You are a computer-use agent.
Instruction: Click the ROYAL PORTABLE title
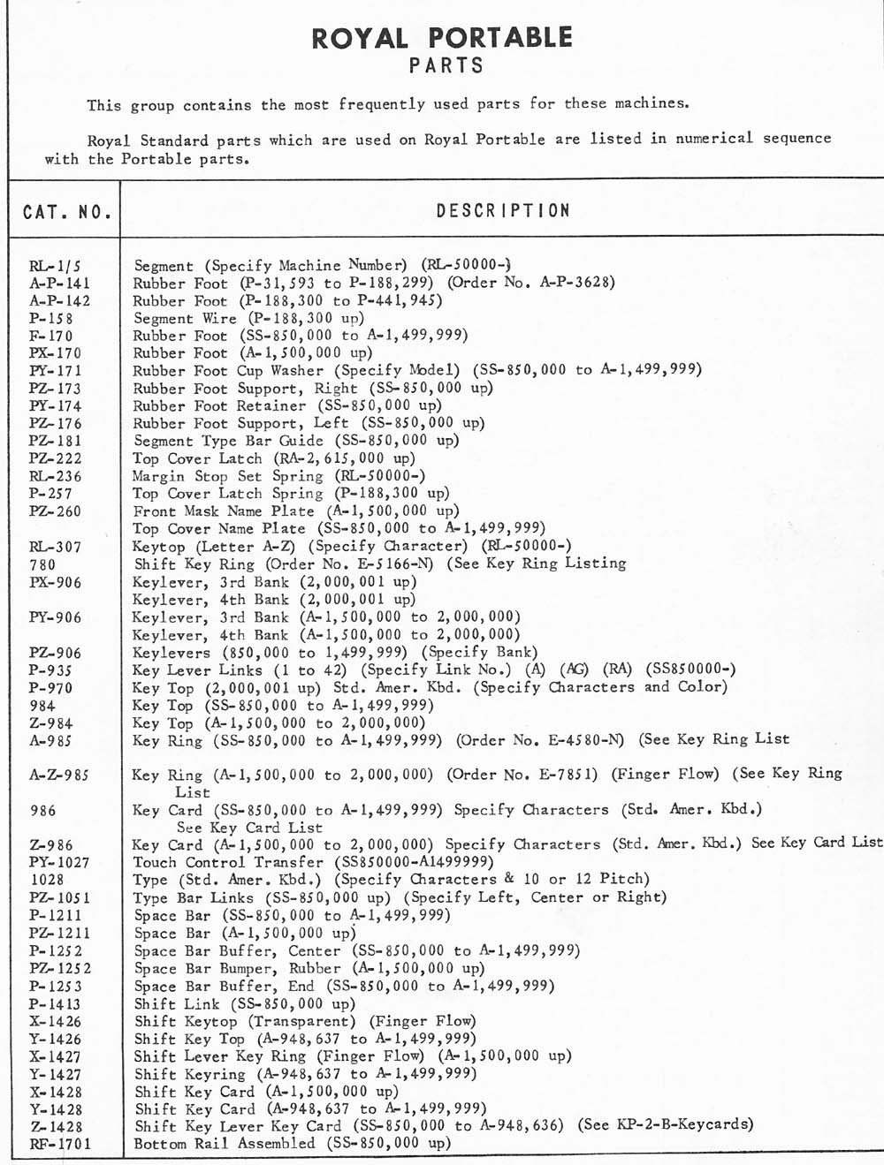(x=442, y=37)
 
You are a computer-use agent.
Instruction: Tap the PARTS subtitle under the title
(x=446, y=65)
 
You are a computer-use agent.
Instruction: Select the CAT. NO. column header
(x=67, y=212)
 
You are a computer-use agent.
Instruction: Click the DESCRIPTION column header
(x=503, y=211)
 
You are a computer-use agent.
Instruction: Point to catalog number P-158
(x=51, y=318)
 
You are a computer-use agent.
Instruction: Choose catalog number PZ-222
(x=56, y=458)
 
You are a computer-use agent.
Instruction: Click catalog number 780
(x=42, y=564)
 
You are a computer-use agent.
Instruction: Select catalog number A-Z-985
(x=59, y=775)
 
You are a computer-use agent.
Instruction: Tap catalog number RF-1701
(x=60, y=1144)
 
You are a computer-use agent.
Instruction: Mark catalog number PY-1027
(x=59, y=862)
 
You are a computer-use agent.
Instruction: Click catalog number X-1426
(x=55, y=1021)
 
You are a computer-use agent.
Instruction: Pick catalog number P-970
(x=50, y=688)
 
